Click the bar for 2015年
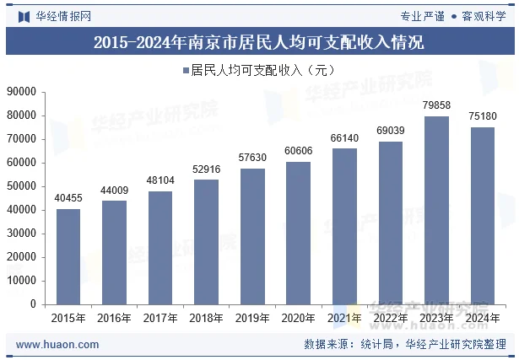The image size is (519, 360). point(68,256)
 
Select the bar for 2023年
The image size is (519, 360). point(436,210)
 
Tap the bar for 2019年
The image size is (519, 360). point(252,236)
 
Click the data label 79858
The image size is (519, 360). point(436,105)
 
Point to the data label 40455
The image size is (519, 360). point(68,198)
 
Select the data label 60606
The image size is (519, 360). point(298,151)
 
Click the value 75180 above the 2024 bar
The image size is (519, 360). point(482,116)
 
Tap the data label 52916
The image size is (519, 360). point(206,169)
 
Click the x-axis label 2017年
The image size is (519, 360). point(160,319)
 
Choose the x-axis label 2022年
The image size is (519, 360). point(390,319)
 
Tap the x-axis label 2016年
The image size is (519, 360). point(114,319)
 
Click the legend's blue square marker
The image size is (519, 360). point(185,71)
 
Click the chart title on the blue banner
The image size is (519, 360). point(258,41)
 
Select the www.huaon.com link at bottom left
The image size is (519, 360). point(57,345)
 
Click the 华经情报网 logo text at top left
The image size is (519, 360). point(63,15)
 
